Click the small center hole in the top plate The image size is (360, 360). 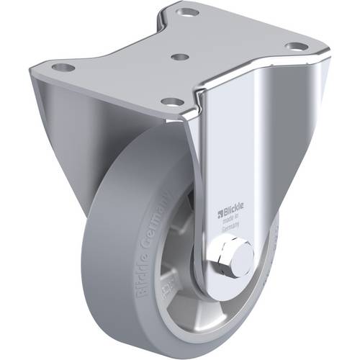[x=181, y=55]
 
